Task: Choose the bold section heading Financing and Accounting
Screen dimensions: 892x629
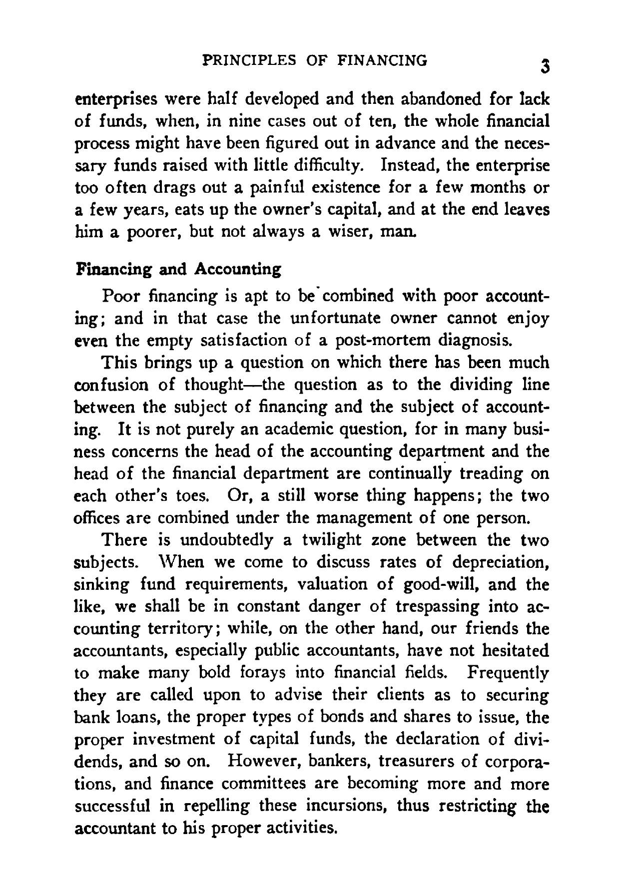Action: (x=178, y=270)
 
